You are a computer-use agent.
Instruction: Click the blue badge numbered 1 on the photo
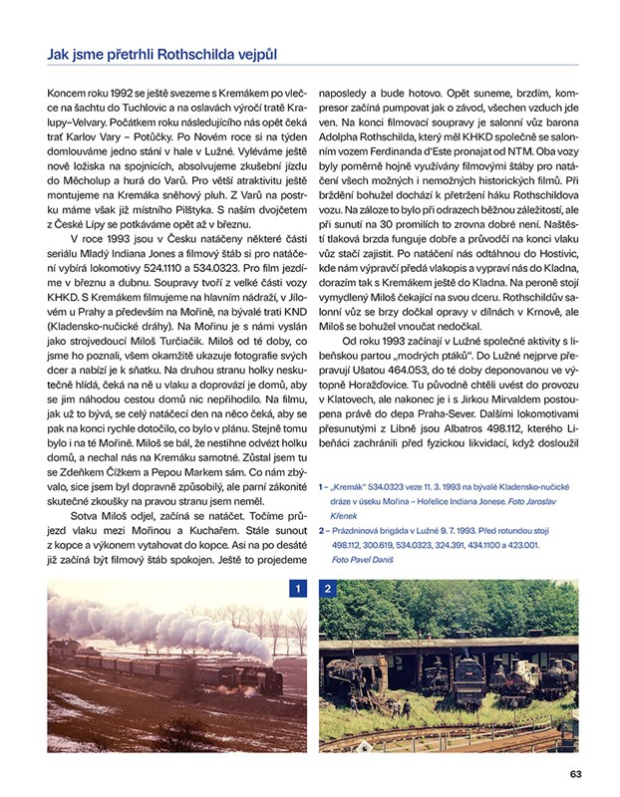296,590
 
